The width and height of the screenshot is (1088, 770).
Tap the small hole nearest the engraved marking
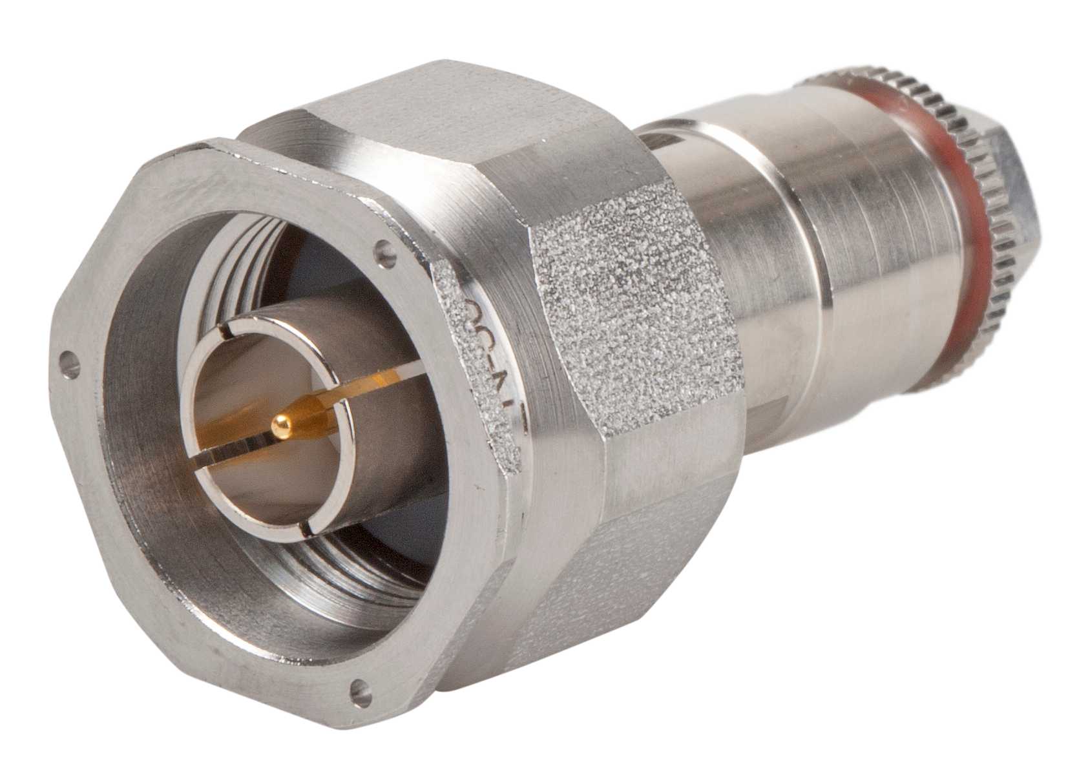click(x=386, y=246)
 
